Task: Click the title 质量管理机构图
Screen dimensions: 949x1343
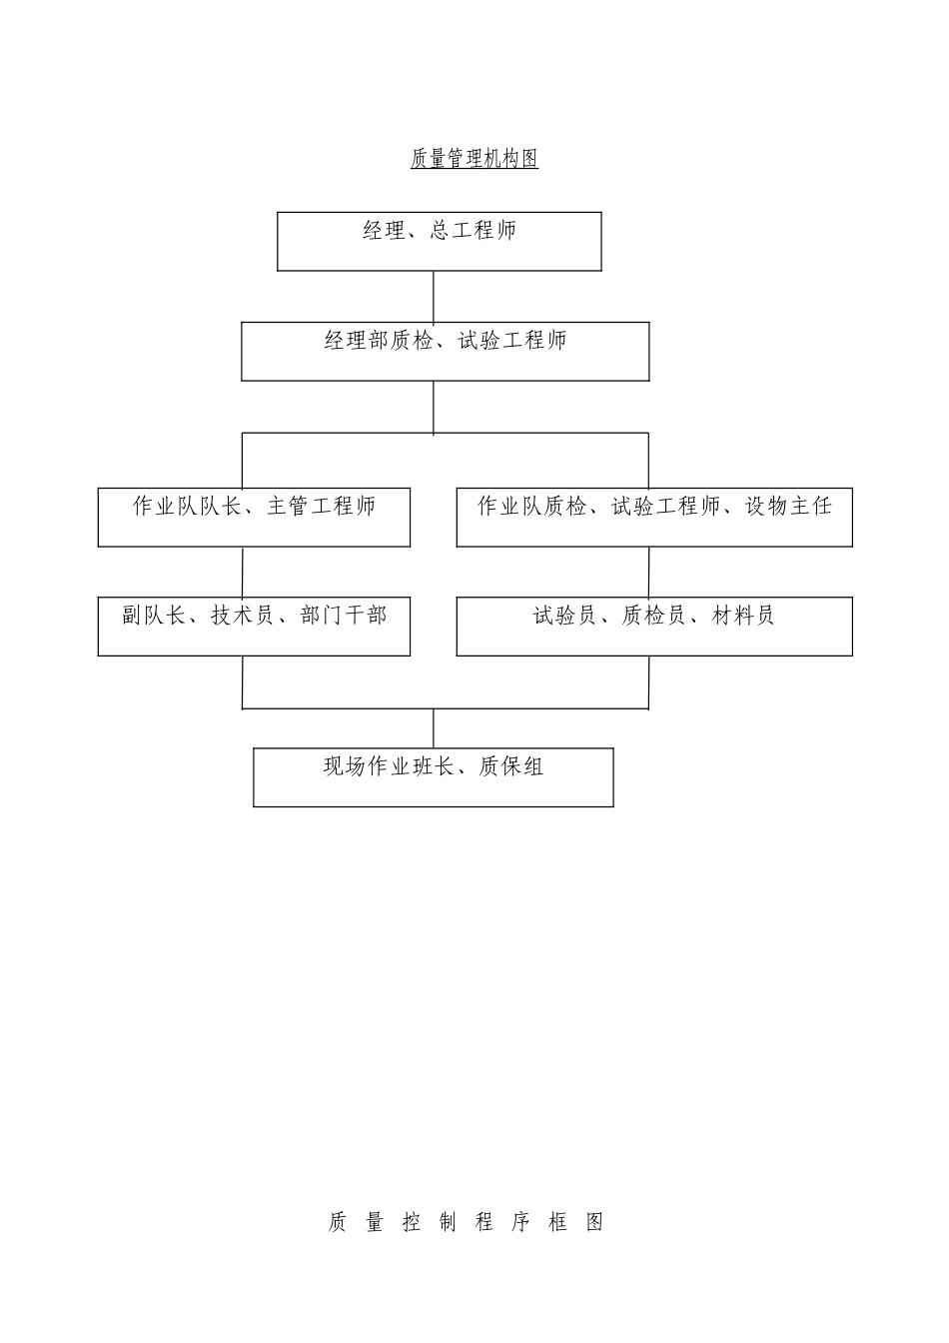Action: coord(474,159)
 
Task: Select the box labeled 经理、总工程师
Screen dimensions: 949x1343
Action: coord(439,241)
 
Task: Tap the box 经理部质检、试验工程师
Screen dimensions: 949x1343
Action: coord(445,351)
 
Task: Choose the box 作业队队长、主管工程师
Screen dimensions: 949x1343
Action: coord(254,517)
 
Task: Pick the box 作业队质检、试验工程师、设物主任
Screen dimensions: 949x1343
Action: coord(654,517)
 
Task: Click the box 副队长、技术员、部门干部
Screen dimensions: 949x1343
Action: coord(254,627)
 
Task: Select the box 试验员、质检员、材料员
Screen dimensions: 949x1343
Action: coord(654,627)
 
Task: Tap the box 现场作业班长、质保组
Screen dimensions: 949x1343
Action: coord(433,777)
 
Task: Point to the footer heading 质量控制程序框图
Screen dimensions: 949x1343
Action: coord(466,1222)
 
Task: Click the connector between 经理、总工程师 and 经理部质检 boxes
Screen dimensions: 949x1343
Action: coord(434,296)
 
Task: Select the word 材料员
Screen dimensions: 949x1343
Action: coord(743,616)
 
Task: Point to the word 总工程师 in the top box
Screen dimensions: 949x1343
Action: coord(474,231)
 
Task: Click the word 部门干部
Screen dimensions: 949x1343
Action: coord(343,616)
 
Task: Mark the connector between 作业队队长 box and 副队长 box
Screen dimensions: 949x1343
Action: coord(243,572)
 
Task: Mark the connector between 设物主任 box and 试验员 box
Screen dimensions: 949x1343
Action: coord(648,572)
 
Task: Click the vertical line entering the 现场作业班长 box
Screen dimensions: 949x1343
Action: coord(434,728)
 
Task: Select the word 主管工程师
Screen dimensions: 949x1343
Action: coord(321,506)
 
